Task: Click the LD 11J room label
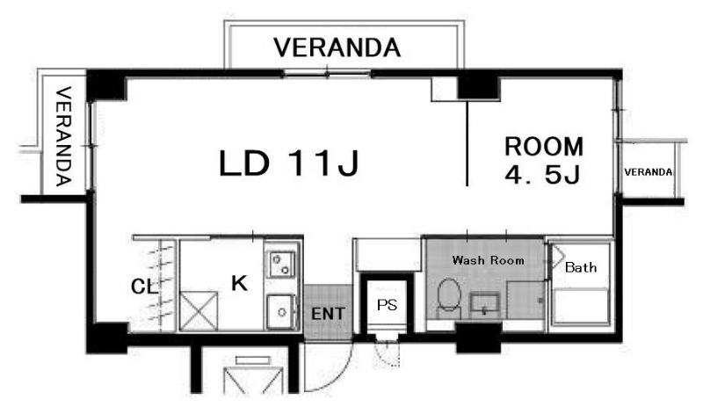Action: (x=289, y=163)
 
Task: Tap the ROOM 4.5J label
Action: (x=543, y=160)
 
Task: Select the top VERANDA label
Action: (x=337, y=47)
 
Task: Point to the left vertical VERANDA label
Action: (x=63, y=136)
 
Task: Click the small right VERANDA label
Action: (x=648, y=172)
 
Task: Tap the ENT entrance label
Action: (x=328, y=314)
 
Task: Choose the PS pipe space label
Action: (x=387, y=305)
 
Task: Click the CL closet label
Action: (x=144, y=287)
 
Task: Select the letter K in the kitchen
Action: (x=239, y=283)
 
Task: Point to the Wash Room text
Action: (x=488, y=260)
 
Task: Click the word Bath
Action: (x=581, y=267)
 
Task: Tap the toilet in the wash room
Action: (x=449, y=296)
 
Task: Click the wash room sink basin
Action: (x=485, y=304)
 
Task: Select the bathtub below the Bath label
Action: (x=581, y=307)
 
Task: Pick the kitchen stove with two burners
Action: (x=281, y=265)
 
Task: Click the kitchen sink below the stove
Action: (x=281, y=312)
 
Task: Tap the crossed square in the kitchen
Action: (x=199, y=311)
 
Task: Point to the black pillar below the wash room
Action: (x=478, y=338)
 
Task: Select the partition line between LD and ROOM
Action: (x=467, y=143)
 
